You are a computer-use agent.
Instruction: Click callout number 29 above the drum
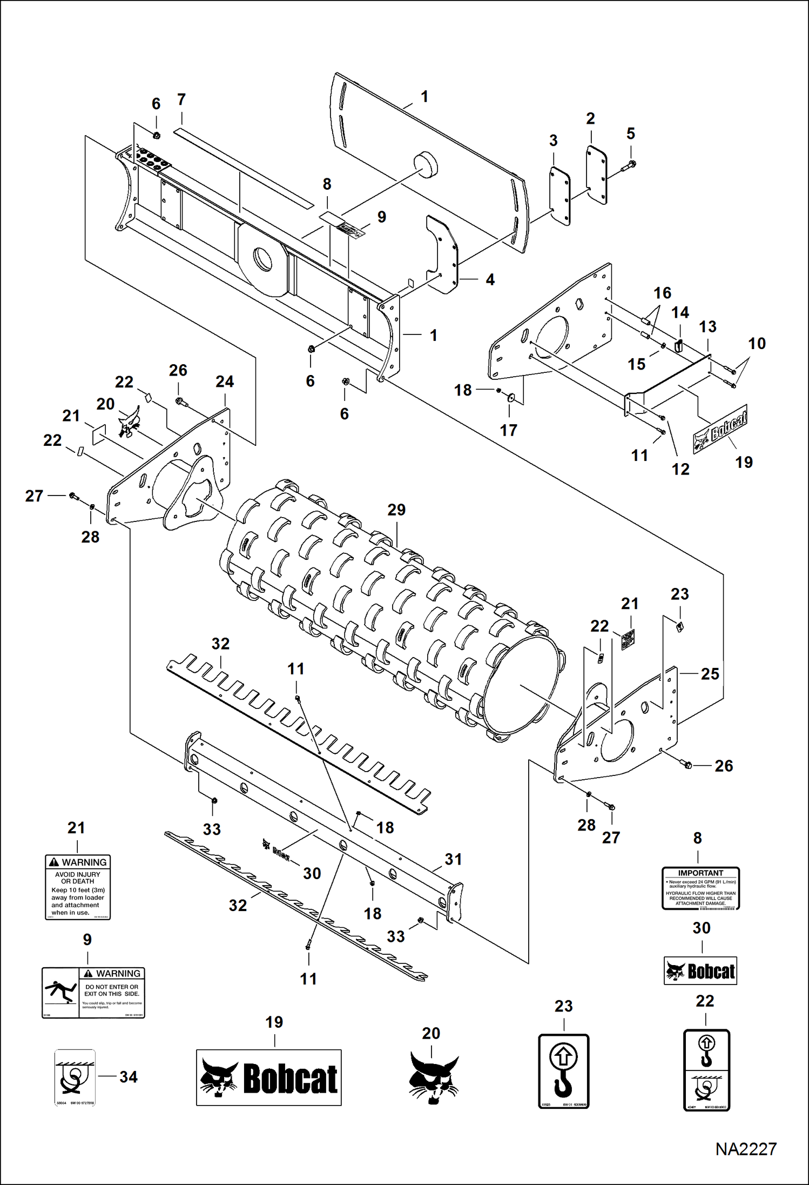pyautogui.click(x=396, y=510)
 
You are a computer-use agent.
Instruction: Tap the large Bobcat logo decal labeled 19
pyautogui.click(x=268, y=1077)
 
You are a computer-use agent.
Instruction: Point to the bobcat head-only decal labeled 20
pyautogui.click(x=433, y=1077)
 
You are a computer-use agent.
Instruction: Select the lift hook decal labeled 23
pyautogui.click(x=563, y=1071)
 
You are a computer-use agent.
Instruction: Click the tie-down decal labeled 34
pyautogui.click(x=75, y=1077)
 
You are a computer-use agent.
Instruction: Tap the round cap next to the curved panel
pyautogui.click(x=424, y=163)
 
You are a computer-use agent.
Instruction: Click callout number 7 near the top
pyautogui.click(x=181, y=99)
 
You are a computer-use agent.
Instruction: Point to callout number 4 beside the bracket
pyautogui.click(x=490, y=279)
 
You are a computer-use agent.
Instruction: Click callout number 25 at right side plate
pyautogui.click(x=710, y=674)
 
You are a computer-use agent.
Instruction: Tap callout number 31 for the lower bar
pyautogui.click(x=453, y=859)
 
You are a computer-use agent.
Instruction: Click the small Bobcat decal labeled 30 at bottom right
pyautogui.click(x=700, y=971)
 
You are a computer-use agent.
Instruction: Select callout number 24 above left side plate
pyautogui.click(x=225, y=381)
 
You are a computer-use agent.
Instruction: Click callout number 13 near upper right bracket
pyautogui.click(x=707, y=326)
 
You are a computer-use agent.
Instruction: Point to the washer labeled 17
pyautogui.click(x=511, y=398)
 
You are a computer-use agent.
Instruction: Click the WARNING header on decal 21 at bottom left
pyautogui.click(x=78, y=862)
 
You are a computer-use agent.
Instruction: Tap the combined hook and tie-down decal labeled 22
pyautogui.click(x=706, y=1070)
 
